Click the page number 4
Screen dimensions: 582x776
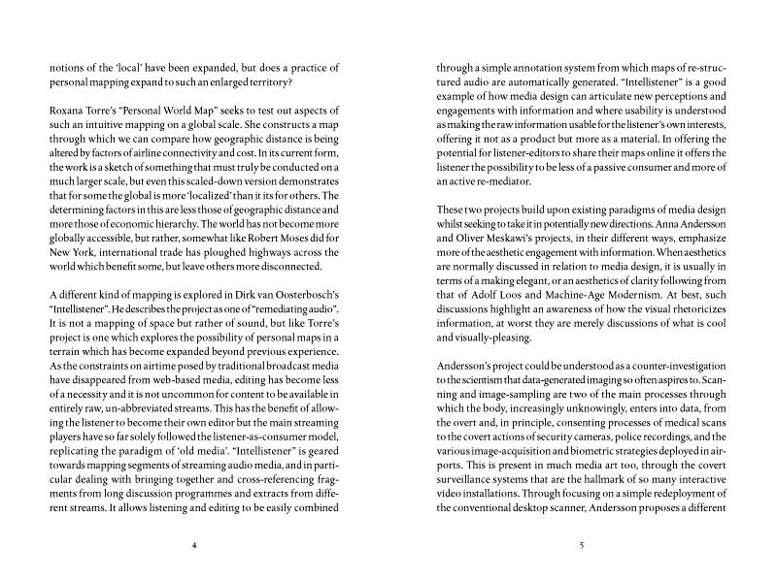(x=194, y=547)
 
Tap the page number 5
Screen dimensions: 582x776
(x=580, y=547)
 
